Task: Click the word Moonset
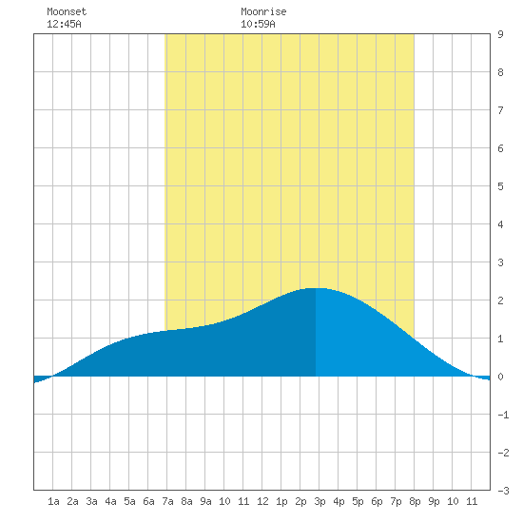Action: [x=67, y=11]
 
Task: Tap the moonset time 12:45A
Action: [x=64, y=24]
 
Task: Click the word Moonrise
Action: [x=263, y=11]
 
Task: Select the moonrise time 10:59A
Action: [x=258, y=24]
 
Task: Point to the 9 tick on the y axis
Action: [x=500, y=34]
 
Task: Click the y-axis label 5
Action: [x=500, y=186]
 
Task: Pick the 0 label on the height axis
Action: [x=500, y=377]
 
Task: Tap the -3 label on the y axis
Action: [x=503, y=491]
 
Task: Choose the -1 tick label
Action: [x=503, y=415]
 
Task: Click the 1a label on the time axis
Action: [x=53, y=501]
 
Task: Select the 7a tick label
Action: [x=167, y=501]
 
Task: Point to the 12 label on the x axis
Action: [x=262, y=501]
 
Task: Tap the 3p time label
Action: [x=320, y=501]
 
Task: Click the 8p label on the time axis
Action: [x=415, y=501]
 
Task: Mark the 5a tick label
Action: [x=129, y=501]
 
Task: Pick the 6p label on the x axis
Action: [x=377, y=501]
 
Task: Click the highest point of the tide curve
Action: [x=316, y=288]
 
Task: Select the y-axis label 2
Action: [x=500, y=300]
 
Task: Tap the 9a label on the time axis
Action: [x=205, y=501]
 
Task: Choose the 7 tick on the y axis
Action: [x=500, y=110]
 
